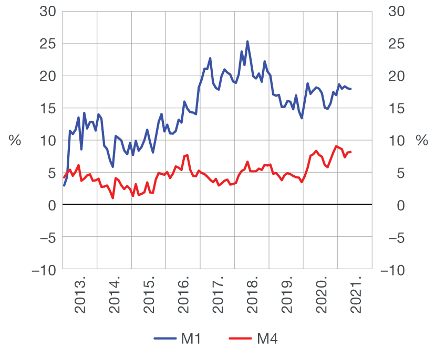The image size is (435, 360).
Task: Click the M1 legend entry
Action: (178, 340)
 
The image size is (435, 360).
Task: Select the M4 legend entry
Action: (254, 340)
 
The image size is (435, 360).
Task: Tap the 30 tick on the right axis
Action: (394, 11)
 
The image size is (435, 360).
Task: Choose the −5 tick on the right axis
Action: (398, 237)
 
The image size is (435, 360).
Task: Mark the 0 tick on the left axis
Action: (51, 205)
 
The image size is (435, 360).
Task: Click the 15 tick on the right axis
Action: (394, 108)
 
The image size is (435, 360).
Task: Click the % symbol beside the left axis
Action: (15, 141)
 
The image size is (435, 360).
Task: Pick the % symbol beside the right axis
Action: (421, 141)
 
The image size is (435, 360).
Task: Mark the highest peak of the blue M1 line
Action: (247, 41)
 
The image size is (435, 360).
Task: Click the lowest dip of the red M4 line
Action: (113, 198)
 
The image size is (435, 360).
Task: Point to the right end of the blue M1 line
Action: (350, 89)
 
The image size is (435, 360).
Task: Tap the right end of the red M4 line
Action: (350, 152)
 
